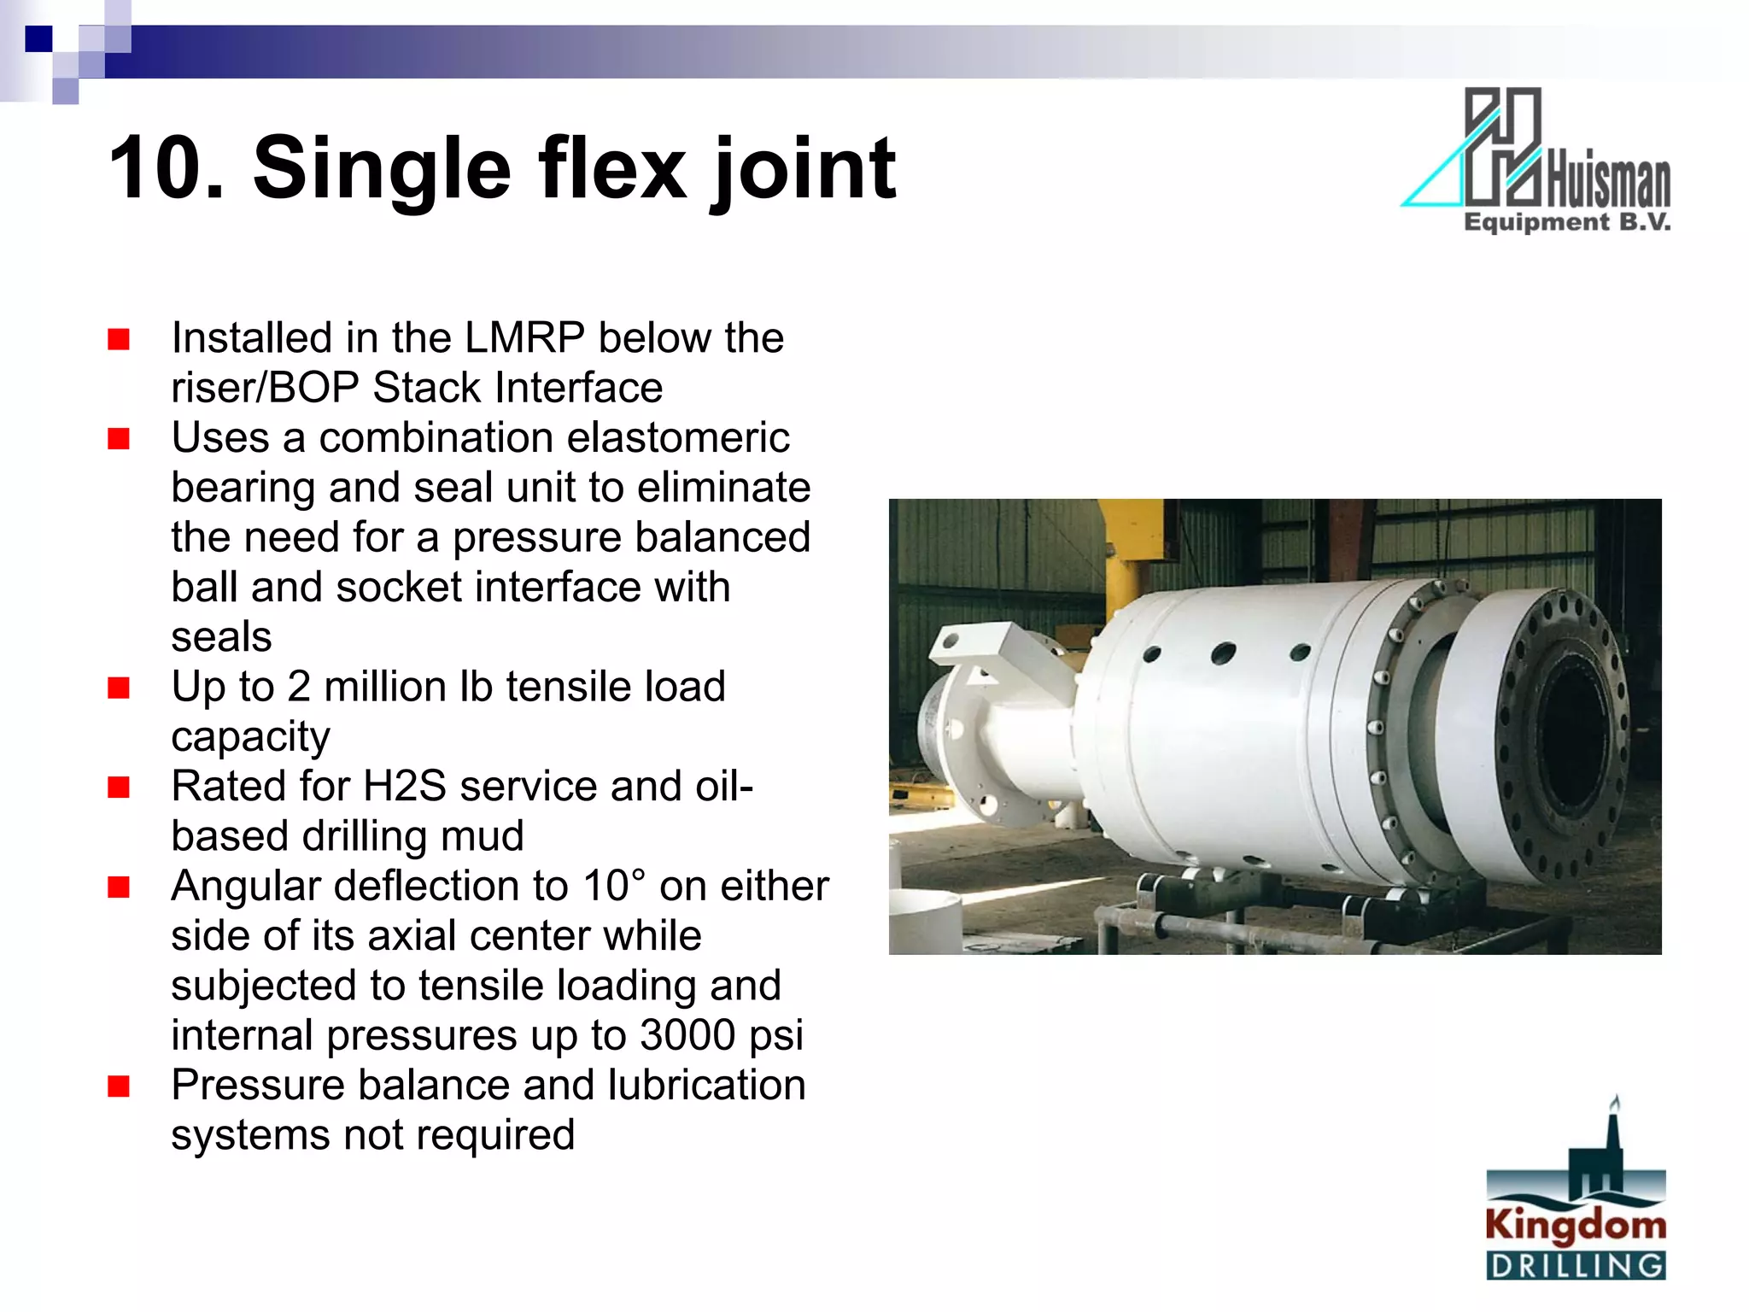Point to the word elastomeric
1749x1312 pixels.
click(x=677, y=437)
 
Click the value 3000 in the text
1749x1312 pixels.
click(x=687, y=1035)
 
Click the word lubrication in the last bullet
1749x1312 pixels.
click(x=706, y=1086)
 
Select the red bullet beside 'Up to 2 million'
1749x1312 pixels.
click(x=119, y=688)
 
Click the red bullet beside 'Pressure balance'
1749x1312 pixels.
click(x=119, y=1086)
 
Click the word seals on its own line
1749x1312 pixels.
click(x=221, y=637)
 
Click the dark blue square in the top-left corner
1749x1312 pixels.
click(x=38, y=38)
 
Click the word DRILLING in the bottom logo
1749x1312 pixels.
click(x=1576, y=1265)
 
